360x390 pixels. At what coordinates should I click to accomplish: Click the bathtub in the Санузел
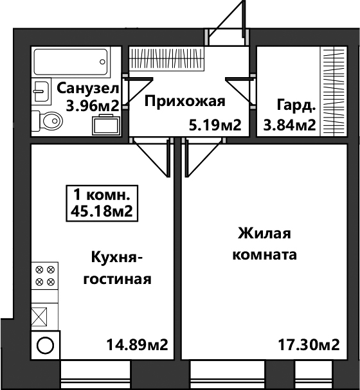[x=71, y=62]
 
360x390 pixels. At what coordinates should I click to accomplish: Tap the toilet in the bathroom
[x=48, y=121]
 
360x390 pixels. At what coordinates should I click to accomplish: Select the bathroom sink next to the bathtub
[x=41, y=91]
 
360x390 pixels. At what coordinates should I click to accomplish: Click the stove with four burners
[x=45, y=276]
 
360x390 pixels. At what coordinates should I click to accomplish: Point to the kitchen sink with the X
[x=39, y=316]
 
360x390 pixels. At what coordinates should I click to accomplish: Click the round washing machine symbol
[x=45, y=345]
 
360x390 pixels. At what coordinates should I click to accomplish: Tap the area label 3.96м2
[x=92, y=106]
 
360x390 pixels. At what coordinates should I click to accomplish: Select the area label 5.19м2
[x=215, y=125]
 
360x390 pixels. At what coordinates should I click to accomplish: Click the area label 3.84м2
[x=289, y=125]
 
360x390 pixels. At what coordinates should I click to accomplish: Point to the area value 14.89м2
[x=138, y=345]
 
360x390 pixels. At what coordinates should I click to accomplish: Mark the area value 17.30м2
[x=309, y=345]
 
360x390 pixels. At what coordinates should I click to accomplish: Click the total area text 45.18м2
[x=102, y=211]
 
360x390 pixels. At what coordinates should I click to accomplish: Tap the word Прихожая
[x=185, y=102]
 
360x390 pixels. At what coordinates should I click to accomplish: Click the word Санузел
[x=88, y=89]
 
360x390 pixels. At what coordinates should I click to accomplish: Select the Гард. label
[x=296, y=105]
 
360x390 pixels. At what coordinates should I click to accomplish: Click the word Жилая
[x=264, y=233]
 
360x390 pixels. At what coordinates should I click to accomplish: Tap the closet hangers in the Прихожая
[x=166, y=58]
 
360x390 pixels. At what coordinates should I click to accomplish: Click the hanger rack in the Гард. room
[x=334, y=91]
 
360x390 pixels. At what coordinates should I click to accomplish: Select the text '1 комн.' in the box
[x=102, y=195]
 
